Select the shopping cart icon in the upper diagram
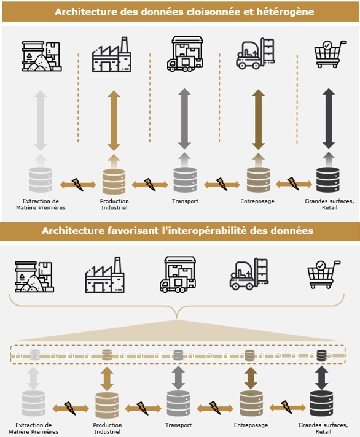click(x=331, y=54)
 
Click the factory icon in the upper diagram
click(x=112, y=55)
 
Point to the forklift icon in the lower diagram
click(x=249, y=274)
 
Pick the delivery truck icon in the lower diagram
click(x=178, y=274)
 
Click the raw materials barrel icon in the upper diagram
click(x=42, y=56)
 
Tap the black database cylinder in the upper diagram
click(x=328, y=180)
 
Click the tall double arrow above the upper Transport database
click(x=184, y=119)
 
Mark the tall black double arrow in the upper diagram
click(x=329, y=118)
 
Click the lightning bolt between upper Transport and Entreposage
click(x=222, y=184)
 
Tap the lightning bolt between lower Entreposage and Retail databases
click(x=287, y=407)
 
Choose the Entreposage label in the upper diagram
click(x=257, y=201)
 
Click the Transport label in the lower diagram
click(x=179, y=425)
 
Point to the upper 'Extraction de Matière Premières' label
click(x=41, y=204)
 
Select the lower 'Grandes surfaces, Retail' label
click(x=323, y=428)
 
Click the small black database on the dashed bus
click(x=322, y=355)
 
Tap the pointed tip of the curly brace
click(x=177, y=318)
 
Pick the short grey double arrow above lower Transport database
click(x=179, y=379)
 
